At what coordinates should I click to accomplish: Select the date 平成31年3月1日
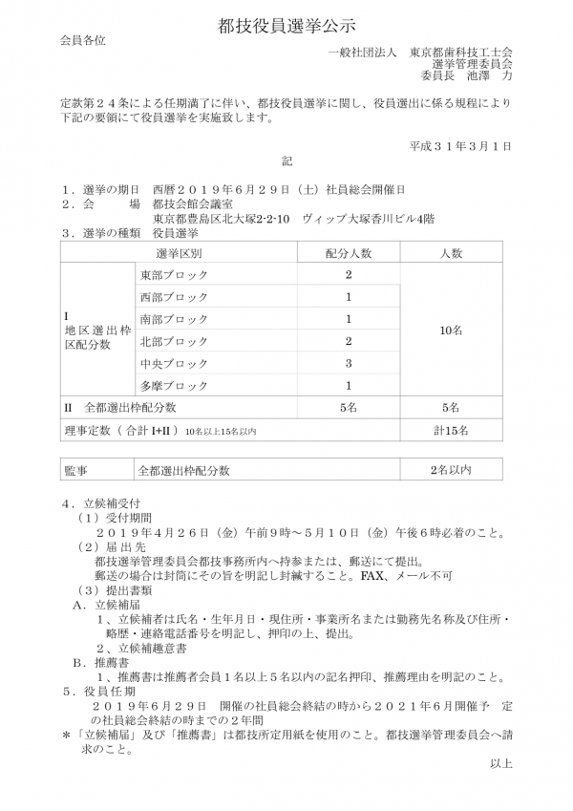click(461, 146)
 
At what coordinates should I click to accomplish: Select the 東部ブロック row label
click(174, 275)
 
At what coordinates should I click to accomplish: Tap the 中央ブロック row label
click(174, 363)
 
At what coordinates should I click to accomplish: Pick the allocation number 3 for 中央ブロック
click(349, 363)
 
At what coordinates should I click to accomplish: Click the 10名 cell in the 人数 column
click(451, 330)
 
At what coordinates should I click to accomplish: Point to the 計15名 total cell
click(451, 431)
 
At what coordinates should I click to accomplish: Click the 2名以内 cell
click(451, 470)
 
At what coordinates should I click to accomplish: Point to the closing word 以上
click(500, 762)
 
